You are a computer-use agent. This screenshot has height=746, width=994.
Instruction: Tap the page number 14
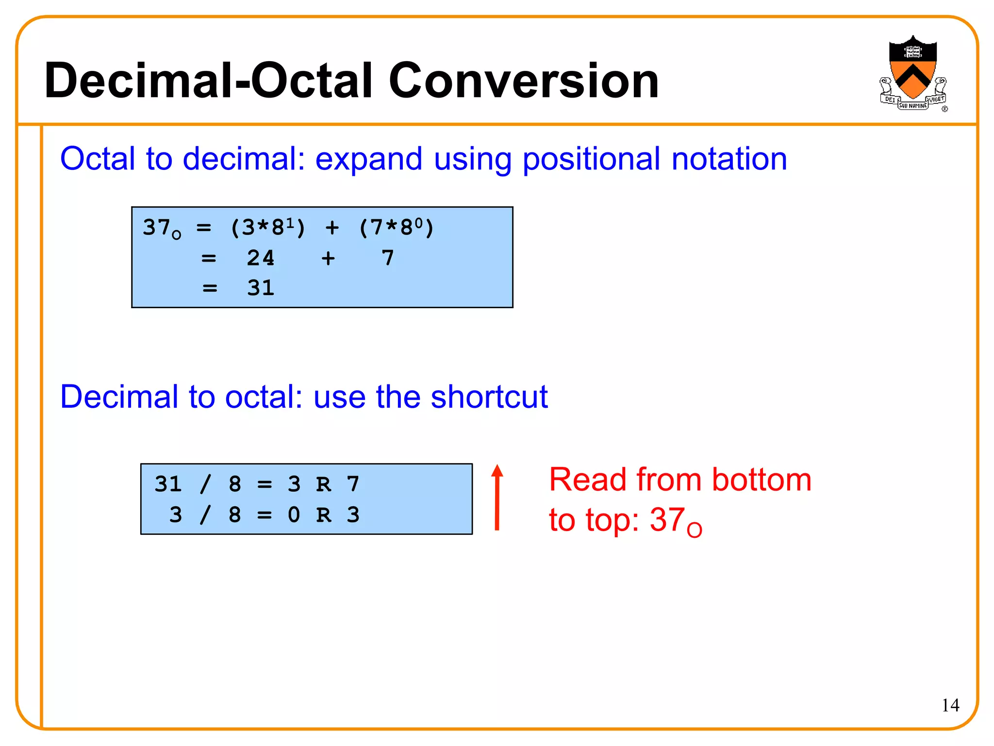(950, 705)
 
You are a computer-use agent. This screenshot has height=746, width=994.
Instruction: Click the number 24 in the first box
(261, 258)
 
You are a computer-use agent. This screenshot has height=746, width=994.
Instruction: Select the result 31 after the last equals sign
(261, 288)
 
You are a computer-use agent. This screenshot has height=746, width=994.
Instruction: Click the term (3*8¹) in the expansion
(268, 227)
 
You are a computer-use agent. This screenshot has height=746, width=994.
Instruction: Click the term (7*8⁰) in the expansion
(396, 227)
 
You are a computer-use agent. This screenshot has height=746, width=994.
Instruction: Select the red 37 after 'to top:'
(668, 520)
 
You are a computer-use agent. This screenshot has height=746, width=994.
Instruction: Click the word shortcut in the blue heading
(489, 397)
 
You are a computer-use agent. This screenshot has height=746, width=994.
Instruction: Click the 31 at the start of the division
(168, 484)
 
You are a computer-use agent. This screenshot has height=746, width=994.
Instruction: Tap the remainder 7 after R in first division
(353, 484)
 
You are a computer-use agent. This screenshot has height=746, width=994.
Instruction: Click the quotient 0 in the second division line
(294, 514)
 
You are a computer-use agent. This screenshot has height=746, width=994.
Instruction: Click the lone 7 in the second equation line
(387, 258)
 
